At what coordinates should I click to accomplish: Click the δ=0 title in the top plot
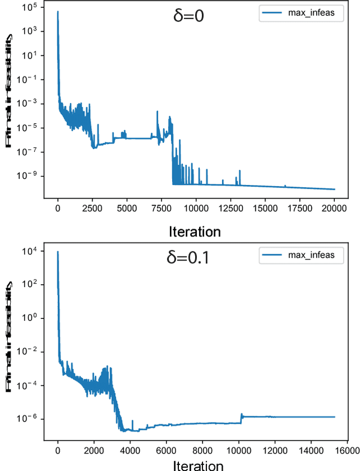pos(188,15)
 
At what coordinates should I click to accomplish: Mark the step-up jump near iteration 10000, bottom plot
pos(241,417)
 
